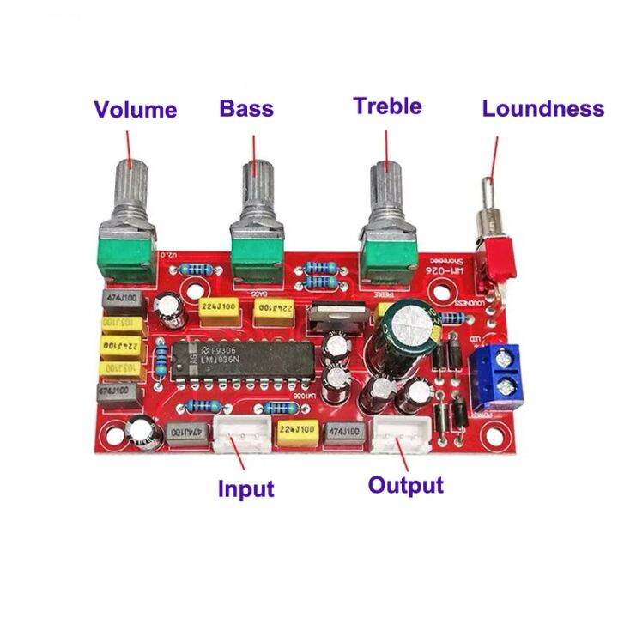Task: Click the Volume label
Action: pyautogui.click(x=136, y=110)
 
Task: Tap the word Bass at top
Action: pyautogui.click(x=246, y=108)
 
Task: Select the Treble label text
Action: pyautogui.click(x=387, y=106)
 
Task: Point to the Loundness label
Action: pyautogui.click(x=542, y=109)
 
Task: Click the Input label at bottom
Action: pyautogui.click(x=245, y=489)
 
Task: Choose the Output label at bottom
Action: pyautogui.click(x=405, y=485)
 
